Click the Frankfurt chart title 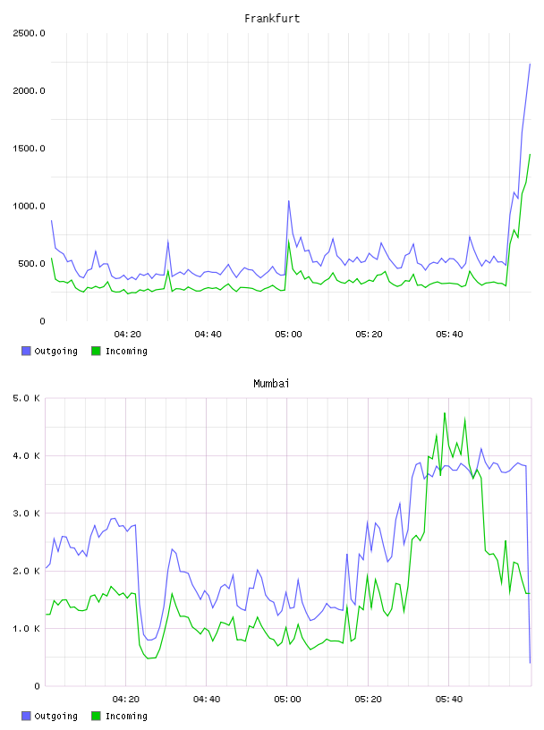(272, 19)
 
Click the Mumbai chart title (271, 384)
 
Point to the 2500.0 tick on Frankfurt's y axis (29, 33)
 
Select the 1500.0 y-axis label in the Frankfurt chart (29, 149)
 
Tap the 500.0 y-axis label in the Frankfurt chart (31, 264)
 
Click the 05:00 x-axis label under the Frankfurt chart (288, 335)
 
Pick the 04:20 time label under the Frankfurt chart (127, 335)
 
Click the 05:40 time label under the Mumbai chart (449, 700)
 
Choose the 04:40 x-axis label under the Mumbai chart (207, 700)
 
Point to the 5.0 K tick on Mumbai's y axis (26, 398)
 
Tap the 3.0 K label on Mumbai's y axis (26, 514)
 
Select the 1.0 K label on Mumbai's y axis (26, 629)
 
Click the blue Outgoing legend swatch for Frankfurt (26, 351)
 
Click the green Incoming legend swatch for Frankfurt (96, 351)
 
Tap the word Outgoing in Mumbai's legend (55, 717)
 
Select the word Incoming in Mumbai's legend (126, 717)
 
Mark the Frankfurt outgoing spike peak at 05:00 (289, 200)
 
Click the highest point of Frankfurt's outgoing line (530, 64)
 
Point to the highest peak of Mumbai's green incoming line (445, 413)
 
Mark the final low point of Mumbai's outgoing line (530, 663)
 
